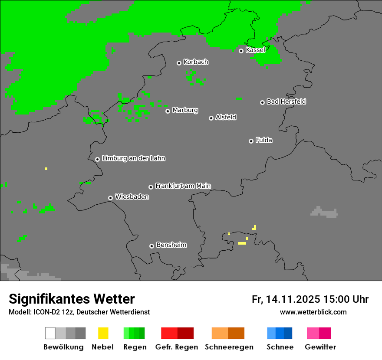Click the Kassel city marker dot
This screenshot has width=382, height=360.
coord(241,51)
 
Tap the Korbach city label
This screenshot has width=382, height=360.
coord(196,62)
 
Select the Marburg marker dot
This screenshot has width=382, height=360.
coord(168,111)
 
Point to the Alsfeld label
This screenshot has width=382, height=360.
coord(226,117)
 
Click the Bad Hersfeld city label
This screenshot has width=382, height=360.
coord(286,101)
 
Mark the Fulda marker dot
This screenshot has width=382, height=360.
coord(251,141)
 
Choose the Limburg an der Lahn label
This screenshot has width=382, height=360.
coord(134,158)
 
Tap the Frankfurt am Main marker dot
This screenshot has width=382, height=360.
coord(151,187)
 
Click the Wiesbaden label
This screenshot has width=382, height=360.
coord(132,197)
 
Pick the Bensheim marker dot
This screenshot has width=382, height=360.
coord(151,246)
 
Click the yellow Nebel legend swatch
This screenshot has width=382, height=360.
coord(103,333)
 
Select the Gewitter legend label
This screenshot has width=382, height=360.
coord(320,347)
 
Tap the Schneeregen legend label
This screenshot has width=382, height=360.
coord(229,347)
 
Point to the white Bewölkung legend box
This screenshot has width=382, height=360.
coord(50,333)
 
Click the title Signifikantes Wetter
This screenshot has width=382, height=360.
coord(72,299)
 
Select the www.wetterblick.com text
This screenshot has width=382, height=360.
coord(313,312)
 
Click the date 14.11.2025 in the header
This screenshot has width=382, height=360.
coord(293,299)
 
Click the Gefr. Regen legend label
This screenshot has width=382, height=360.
coord(177,347)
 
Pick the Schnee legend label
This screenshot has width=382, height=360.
coord(280,347)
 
